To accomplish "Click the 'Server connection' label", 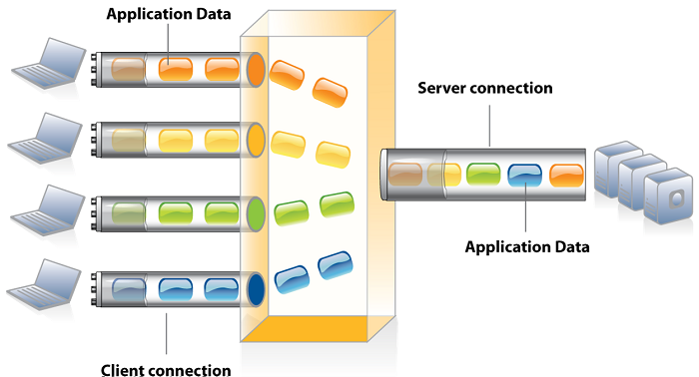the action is tap(485, 88).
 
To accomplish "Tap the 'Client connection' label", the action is tap(166, 370).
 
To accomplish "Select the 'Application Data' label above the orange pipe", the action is tap(169, 14).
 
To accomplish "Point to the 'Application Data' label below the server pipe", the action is tap(527, 247).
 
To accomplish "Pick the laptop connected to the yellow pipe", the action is tap(46, 138).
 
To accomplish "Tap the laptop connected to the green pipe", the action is tap(48, 210).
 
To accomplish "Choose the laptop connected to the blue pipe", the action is tap(44, 285).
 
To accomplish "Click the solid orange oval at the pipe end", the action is tap(256, 70).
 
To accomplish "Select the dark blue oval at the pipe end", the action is tap(256, 290).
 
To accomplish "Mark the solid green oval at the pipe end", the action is tap(256, 214).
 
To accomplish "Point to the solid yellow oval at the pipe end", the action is tap(256, 141).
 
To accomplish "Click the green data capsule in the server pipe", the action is tap(483, 174).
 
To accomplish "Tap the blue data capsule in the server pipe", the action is tap(524, 175).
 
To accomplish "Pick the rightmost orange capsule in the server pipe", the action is tap(566, 176).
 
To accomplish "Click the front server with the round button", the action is tap(668, 195).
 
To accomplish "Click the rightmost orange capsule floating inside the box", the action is tap(330, 93).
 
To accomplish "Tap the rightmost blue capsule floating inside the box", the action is tap(336, 265).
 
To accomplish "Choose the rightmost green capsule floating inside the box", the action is tap(338, 204).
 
